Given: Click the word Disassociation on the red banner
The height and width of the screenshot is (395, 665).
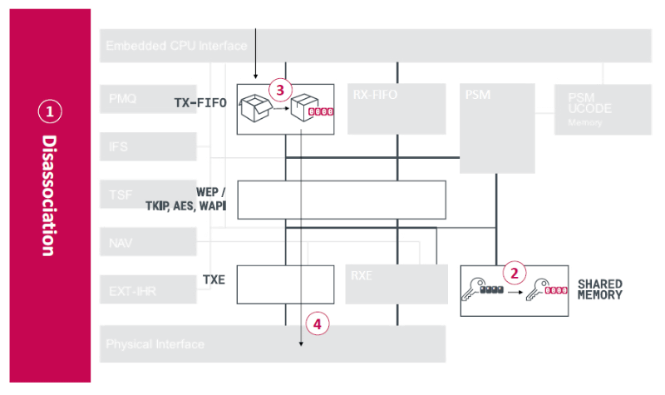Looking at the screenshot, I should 49,195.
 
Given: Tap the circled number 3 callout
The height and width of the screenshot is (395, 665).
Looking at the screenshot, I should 279,89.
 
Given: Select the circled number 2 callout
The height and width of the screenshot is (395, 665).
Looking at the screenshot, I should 515,272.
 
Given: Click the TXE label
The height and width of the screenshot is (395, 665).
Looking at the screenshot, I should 214,280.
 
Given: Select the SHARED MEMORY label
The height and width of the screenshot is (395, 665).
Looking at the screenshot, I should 599,289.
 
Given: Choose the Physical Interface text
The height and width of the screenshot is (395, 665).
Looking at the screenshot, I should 155,343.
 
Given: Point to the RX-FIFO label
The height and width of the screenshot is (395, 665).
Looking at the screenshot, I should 376,95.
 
